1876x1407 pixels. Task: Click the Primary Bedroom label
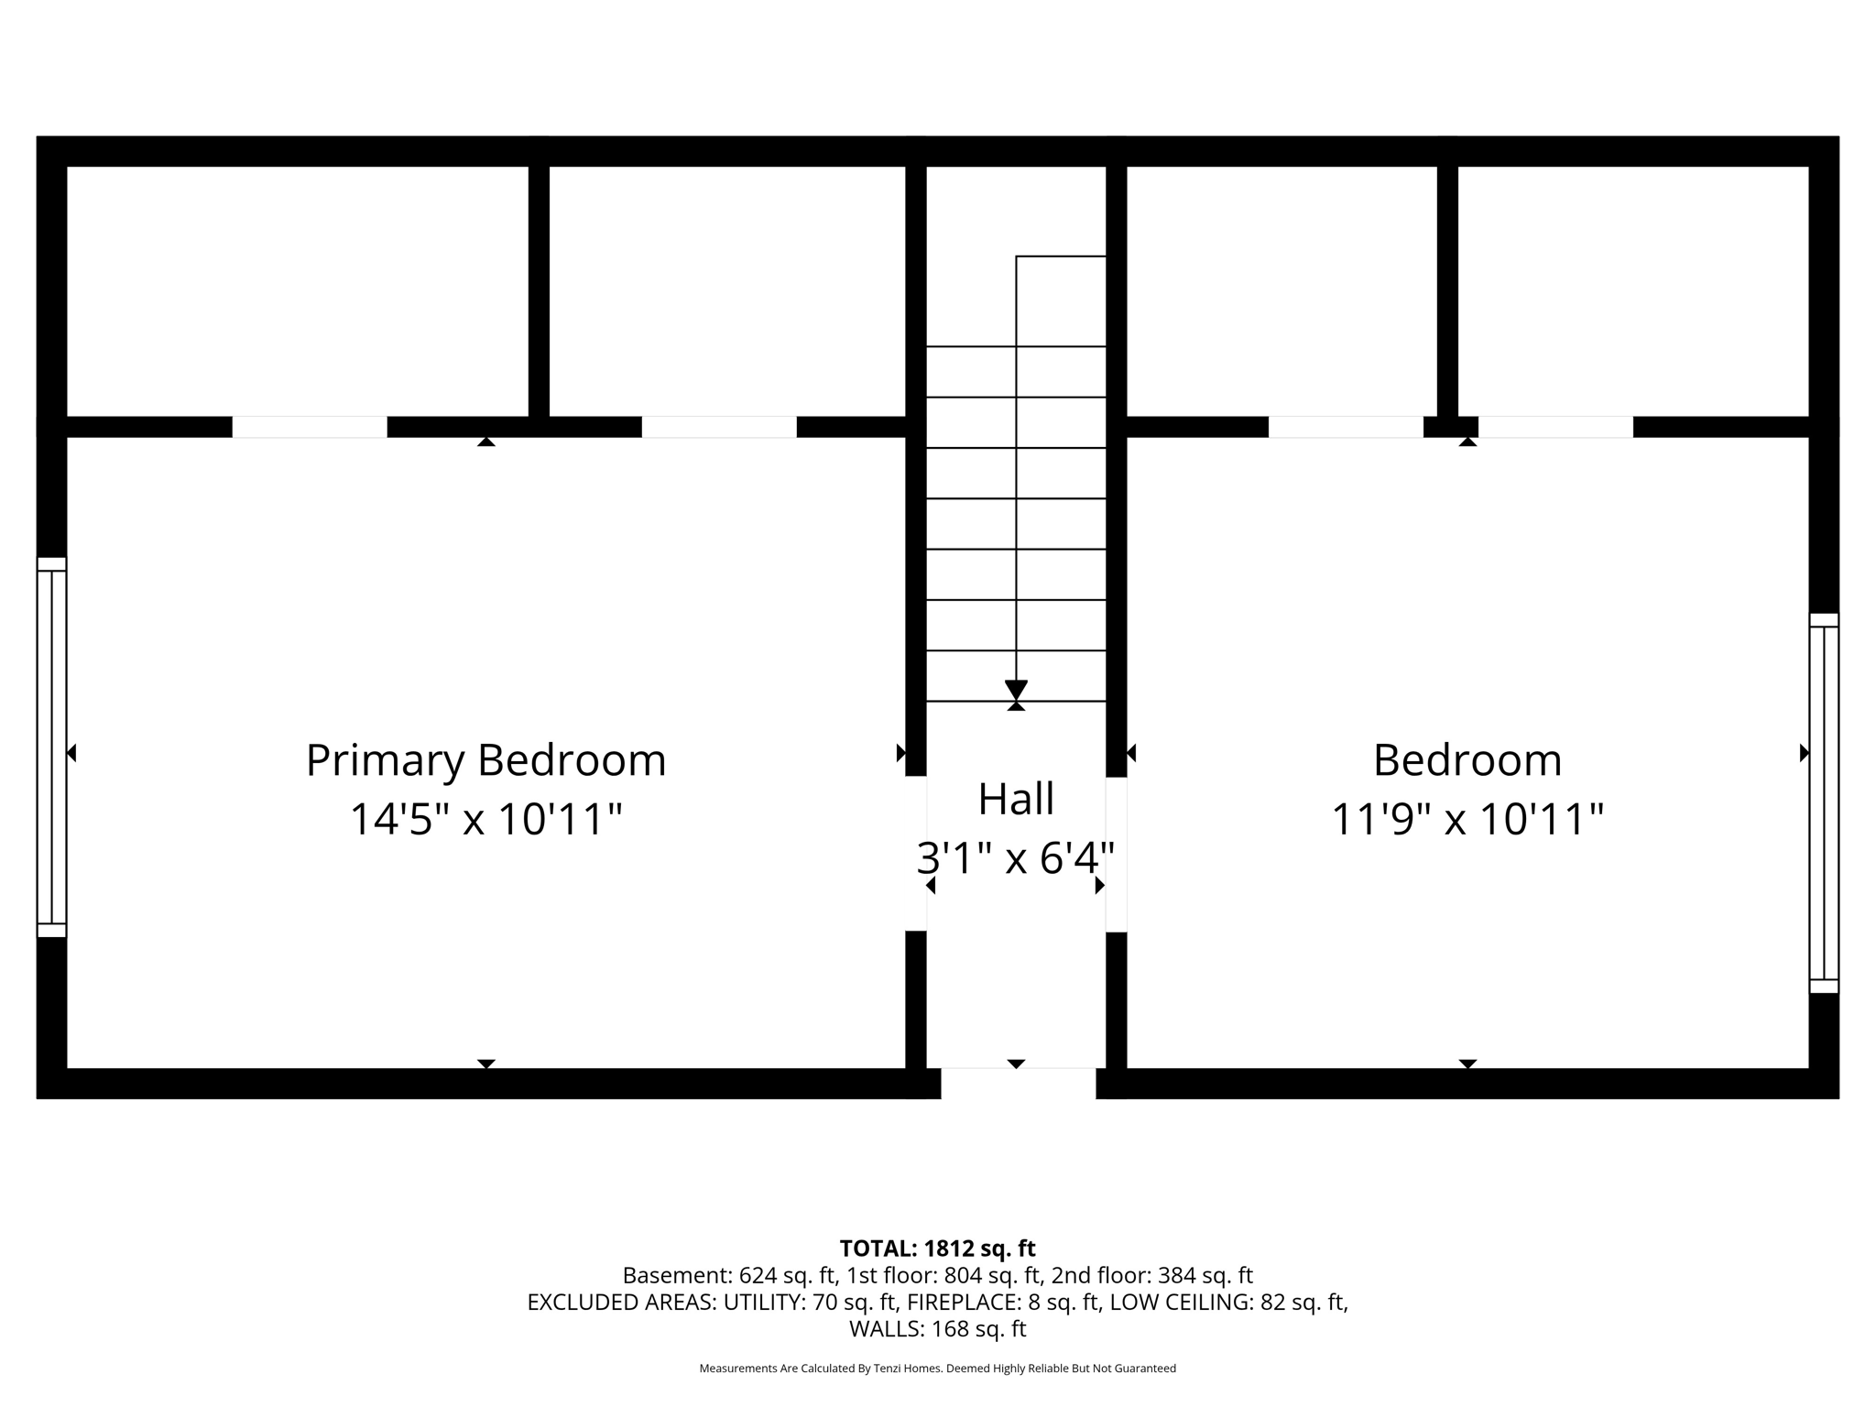tap(485, 760)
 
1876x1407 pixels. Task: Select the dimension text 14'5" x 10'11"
tap(485, 819)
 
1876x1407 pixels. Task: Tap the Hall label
tap(1016, 799)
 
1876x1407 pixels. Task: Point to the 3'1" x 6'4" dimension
tap(1016, 858)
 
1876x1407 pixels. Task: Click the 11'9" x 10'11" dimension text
tap(1467, 819)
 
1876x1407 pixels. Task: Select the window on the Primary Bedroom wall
tap(51, 747)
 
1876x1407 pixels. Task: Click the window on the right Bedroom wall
tap(1824, 803)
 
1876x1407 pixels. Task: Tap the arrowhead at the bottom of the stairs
tap(1016, 690)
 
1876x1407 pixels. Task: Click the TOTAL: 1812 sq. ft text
tap(937, 1249)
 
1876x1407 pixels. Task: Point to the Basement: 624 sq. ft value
tap(729, 1275)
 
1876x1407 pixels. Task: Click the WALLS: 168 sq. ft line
tap(937, 1329)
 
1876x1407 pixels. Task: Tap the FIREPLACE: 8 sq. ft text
tap(1003, 1302)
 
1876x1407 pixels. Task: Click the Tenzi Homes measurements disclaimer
tap(937, 1369)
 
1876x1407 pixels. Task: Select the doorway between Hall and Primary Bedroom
tap(916, 854)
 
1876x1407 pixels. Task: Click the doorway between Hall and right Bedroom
tap(1116, 855)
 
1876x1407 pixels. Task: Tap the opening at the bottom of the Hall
tap(1018, 1083)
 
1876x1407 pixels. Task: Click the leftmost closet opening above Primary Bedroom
tap(310, 427)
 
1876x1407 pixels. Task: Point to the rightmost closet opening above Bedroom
tap(1555, 427)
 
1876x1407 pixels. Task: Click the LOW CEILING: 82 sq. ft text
tap(1228, 1302)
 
